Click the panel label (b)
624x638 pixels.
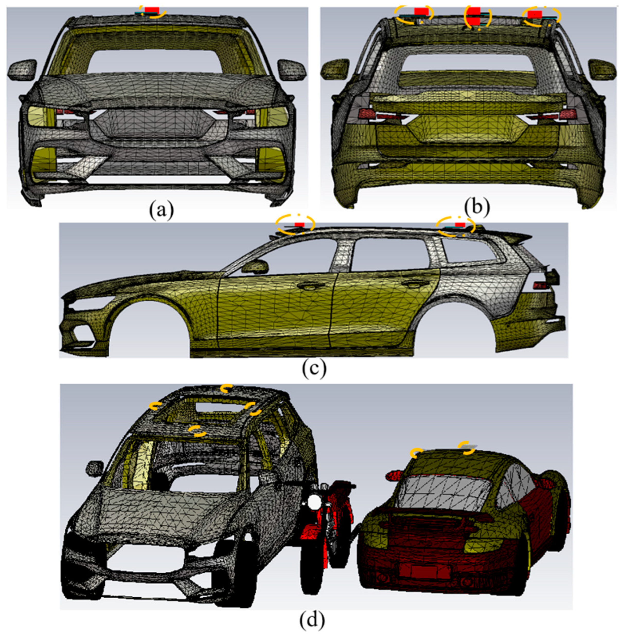point(477,207)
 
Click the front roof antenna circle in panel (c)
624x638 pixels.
point(295,225)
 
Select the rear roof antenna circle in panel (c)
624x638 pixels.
point(456,226)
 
